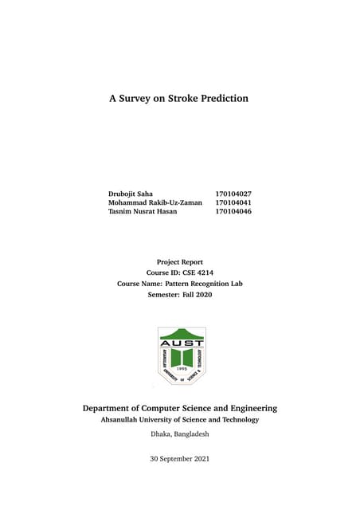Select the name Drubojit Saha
pos(131,194)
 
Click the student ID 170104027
pos(233,194)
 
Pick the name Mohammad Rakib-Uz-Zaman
pos(155,203)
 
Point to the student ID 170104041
pos(233,203)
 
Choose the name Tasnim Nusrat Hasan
pos(143,213)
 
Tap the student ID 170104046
pos(233,213)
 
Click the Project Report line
pos(180,261)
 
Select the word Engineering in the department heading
pos(250,408)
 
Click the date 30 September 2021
pos(180,459)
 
